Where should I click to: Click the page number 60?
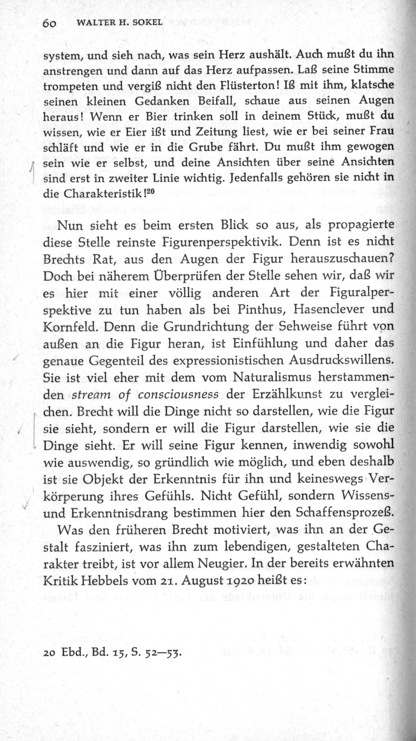[50, 23]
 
